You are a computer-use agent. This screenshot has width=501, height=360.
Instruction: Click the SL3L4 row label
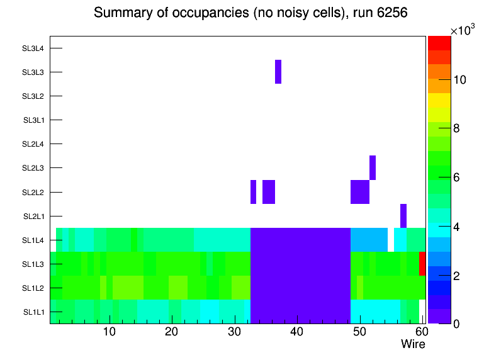(x=33, y=48)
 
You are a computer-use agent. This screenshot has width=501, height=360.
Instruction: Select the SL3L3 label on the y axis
(x=33, y=72)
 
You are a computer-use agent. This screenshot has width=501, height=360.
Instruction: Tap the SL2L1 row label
(x=34, y=216)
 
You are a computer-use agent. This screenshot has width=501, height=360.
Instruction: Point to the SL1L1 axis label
(x=34, y=312)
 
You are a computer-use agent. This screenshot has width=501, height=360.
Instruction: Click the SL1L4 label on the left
(x=34, y=240)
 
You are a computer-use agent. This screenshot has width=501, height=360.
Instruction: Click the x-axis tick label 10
(x=110, y=332)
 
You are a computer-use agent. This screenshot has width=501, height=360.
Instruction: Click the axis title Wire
(x=413, y=344)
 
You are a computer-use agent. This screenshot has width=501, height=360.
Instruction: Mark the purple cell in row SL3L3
(x=278, y=72)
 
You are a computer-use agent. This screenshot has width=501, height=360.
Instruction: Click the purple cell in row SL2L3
(x=373, y=167)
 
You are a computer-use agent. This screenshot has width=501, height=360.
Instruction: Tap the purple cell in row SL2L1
(x=403, y=216)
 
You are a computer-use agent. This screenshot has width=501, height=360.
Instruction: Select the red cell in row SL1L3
(x=422, y=264)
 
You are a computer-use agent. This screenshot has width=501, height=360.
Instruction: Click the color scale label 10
(x=459, y=80)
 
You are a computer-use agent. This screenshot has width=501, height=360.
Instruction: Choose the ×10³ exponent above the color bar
(x=463, y=30)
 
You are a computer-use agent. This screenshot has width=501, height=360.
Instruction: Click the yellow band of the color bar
(x=439, y=100)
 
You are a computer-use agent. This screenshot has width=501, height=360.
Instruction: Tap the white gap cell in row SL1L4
(x=391, y=240)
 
